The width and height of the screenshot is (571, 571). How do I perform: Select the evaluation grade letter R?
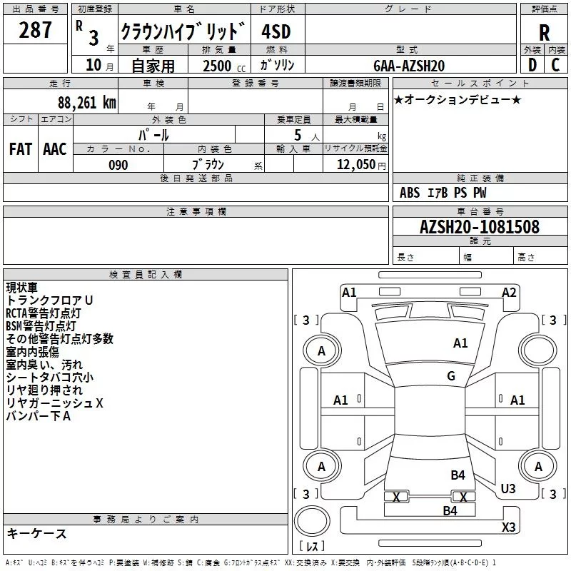tap(545, 33)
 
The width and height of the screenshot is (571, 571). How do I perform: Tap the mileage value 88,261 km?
tap(86, 102)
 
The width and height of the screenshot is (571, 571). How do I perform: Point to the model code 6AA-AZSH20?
tap(409, 65)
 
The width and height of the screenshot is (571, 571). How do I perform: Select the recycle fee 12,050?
tap(355, 164)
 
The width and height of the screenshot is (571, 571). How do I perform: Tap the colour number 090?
tap(118, 165)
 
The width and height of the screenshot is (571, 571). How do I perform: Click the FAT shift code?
tap(20, 148)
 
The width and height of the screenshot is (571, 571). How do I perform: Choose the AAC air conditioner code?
tap(55, 148)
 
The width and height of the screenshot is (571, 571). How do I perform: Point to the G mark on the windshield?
tap(451, 376)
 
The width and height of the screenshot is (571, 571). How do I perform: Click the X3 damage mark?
tap(508, 527)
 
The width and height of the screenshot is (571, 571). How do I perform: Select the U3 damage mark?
tap(507, 488)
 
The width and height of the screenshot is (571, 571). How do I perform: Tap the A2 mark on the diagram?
tap(509, 292)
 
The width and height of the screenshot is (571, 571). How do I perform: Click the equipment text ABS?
tap(410, 193)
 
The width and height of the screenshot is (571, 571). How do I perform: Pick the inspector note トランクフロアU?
tap(49, 300)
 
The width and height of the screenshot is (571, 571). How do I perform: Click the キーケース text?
tap(36, 533)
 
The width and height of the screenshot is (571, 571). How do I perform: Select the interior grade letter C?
tap(555, 65)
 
